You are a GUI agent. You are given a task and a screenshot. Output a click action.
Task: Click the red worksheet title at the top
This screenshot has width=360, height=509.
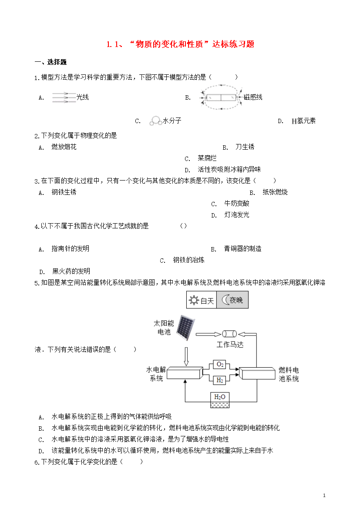point(180,44)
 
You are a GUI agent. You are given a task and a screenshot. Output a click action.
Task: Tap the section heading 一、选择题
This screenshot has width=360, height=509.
point(50,62)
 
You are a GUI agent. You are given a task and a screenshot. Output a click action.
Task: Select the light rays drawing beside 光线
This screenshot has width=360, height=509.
point(64,97)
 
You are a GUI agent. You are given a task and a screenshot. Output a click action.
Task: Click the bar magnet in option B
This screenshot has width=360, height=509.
point(221,97)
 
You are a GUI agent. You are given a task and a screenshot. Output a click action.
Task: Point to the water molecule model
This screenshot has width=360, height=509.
point(156,121)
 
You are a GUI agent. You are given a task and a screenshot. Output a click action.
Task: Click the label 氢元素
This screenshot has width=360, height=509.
point(306,121)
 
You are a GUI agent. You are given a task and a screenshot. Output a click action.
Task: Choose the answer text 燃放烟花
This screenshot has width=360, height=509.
point(64,147)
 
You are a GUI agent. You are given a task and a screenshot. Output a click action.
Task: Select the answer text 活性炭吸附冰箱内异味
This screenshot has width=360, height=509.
point(229,170)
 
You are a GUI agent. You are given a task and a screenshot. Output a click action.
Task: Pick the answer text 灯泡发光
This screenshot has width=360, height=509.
point(237,215)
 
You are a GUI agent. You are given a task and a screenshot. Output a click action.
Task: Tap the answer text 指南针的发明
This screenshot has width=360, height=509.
point(71,249)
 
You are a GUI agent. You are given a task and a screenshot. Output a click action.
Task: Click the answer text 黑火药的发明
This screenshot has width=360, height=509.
point(71,271)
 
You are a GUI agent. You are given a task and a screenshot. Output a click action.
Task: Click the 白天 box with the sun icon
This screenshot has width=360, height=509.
point(202,300)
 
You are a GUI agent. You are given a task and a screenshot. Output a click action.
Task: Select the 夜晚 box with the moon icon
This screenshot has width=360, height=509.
point(232,300)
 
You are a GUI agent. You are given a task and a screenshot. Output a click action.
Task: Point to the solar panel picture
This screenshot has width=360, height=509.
point(186,328)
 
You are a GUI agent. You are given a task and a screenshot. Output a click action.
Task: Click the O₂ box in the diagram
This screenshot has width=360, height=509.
point(220,365)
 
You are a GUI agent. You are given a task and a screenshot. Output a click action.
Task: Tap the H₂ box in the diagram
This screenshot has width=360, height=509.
point(220,380)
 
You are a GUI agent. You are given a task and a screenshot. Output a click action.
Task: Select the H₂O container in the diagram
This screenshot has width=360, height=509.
point(220,400)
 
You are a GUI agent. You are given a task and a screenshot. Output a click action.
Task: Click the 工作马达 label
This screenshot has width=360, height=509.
point(230,345)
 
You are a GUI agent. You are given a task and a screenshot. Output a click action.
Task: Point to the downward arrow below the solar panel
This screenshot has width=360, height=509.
point(186,356)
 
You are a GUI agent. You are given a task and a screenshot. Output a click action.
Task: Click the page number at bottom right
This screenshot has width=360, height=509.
point(324,496)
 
